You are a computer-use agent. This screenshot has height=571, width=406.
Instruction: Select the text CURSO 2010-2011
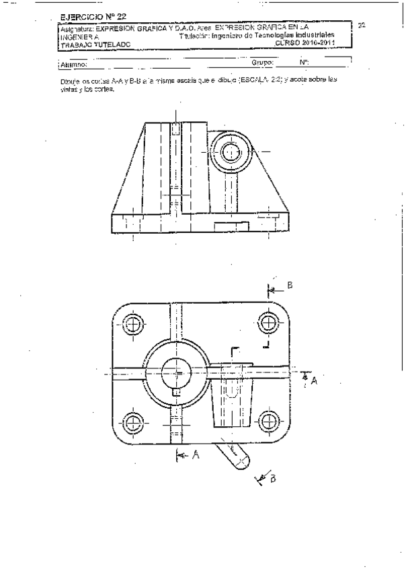pos(304,43)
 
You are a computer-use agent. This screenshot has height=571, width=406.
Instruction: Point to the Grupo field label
pos(261,63)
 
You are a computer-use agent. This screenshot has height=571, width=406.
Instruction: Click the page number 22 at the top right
pos(361,26)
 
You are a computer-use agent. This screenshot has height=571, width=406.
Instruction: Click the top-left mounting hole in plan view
pos(134,325)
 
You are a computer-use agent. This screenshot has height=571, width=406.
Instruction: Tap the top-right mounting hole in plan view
pos(269,324)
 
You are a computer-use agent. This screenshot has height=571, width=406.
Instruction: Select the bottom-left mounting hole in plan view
pos(134,422)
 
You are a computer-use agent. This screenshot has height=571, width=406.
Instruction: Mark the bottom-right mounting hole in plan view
pos(269,422)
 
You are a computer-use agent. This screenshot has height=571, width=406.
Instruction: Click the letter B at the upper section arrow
pos(290,285)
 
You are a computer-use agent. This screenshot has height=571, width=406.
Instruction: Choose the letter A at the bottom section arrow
pos(196,455)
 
